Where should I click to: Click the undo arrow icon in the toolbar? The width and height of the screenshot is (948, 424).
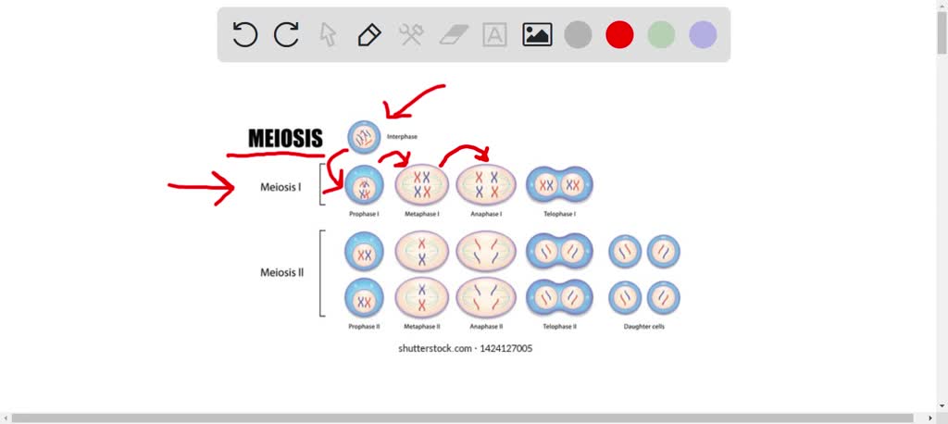coord(244,35)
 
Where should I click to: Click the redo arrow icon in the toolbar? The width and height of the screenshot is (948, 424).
coord(286,35)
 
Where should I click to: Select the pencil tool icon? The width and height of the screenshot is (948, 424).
coord(368,35)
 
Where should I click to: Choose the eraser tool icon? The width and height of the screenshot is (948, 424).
coord(454,35)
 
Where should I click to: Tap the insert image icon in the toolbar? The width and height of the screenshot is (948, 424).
coord(537,35)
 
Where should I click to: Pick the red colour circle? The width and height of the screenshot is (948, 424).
coord(619,35)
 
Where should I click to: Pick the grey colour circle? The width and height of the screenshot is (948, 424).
coord(578,35)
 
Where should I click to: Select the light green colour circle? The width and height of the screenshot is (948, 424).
coord(661,35)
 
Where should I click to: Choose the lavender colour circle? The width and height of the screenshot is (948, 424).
coord(703,35)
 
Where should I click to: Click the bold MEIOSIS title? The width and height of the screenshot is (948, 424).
coord(285,139)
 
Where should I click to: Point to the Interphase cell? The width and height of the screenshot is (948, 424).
coord(364,137)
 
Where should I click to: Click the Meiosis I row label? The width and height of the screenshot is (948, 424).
coord(281,187)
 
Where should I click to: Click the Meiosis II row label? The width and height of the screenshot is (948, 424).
coord(282,273)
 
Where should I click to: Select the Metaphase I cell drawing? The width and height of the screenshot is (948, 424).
coord(422,184)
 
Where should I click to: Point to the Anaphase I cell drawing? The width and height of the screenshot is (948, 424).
coord(484,184)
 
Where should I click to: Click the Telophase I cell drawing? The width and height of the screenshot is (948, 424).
coord(560,185)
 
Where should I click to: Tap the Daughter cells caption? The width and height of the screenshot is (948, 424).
coord(644,326)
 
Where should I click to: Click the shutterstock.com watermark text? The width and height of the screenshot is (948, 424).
coord(465,348)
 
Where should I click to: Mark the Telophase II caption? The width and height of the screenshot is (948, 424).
coord(560,326)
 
